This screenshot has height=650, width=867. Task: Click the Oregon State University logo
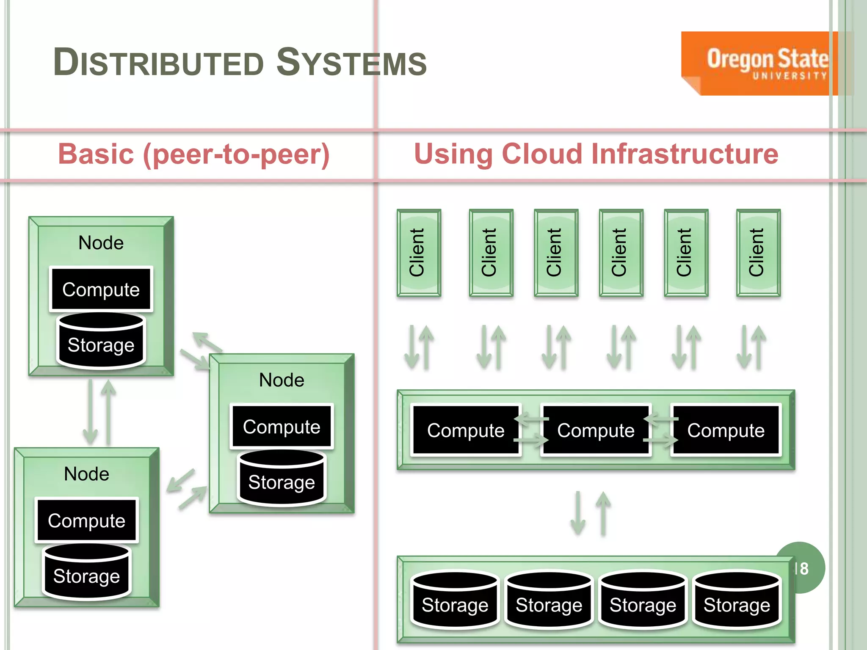click(759, 63)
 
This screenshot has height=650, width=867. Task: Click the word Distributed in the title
click(158, 63)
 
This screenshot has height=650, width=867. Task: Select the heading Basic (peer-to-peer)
click(193, 154)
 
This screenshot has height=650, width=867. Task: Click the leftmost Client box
click(419, 253)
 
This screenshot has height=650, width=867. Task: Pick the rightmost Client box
click(758, 253)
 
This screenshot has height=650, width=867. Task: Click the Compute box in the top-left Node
click(101, 289)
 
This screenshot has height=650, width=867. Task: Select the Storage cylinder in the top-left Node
click(101, 341)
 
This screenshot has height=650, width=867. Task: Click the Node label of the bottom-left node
click(86, 474)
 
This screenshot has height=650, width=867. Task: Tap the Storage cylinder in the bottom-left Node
click(86, 572)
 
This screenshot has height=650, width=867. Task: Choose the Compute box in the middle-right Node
click(282, 427)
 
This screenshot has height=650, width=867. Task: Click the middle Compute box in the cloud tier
click(596, 430)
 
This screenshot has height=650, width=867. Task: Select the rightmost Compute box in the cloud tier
click(726, 430)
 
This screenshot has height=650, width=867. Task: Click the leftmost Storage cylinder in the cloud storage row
click(455, 600)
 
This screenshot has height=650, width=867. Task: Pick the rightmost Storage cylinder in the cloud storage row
click(737, 600)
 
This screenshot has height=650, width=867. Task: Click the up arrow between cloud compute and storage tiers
click(603, 513)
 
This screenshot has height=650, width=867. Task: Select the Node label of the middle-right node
click(282, 380)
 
